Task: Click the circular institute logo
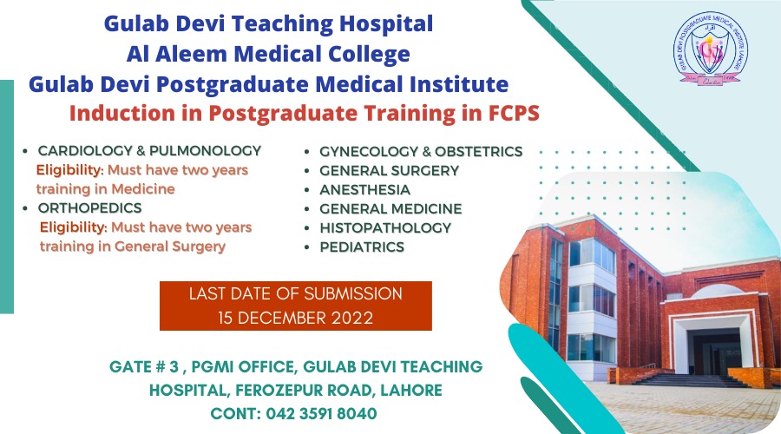tap(710, 49)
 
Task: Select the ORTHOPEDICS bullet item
tap(89, 207)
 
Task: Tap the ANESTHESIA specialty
tap(364, 190)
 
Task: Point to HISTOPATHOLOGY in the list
tap(385, 227)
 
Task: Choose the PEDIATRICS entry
tap(362, 247)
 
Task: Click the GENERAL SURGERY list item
tap(389, 170)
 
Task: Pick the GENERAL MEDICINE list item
tap(390, 209)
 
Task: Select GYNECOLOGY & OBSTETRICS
tap(421, 152)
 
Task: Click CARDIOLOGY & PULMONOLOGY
tap(149, 150)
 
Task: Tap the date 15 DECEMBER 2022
tap(295, 318)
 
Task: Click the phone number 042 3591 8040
tap(321, 413)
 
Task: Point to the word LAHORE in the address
tap(411, 390)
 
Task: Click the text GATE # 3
tap(144, 367)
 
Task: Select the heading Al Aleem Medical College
tap(268, 54)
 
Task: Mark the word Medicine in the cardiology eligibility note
tap(143, 189)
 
